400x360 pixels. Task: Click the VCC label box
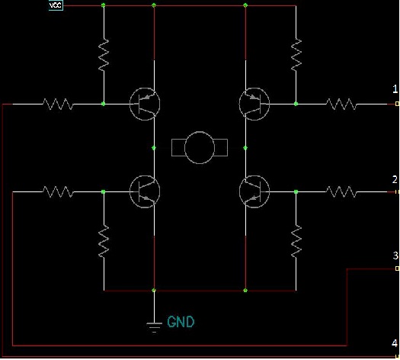(56, 5)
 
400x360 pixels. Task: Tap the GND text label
(181, 322)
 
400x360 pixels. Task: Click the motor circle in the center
(200, 147)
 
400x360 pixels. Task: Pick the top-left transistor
(145, 104)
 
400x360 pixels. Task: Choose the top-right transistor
(254, 104)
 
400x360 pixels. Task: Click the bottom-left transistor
(145, 191)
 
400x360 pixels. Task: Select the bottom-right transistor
(254, 191)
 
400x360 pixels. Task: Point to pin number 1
(395, 89)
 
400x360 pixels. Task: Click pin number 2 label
(395, 179)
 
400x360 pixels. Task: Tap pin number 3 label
(395, 256)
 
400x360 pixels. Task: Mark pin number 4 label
(395, 343)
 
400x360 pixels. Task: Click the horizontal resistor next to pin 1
(341, 104)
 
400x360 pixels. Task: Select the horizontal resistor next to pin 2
(341, 191)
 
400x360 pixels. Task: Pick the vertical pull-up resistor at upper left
(104, 55)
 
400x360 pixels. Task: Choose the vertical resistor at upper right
(296, 55)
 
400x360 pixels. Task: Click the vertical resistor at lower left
(104, 242)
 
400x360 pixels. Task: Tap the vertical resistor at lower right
(296, 242)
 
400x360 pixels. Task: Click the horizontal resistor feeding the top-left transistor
(58, 104)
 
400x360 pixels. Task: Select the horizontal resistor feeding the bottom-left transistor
(58, 191)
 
